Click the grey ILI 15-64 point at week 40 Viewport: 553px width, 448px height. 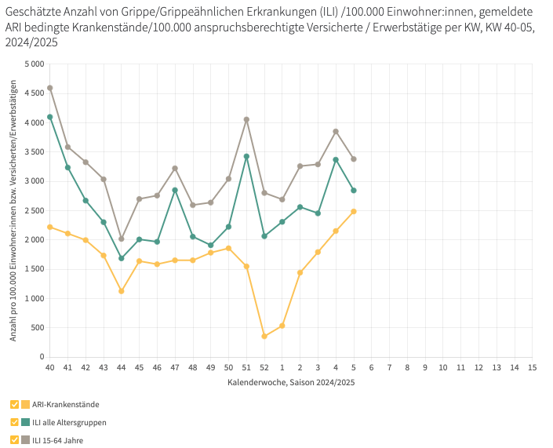coord(50,88)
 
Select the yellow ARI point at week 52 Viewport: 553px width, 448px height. coord(264,337)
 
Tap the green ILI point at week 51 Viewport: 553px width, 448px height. coord(246,156)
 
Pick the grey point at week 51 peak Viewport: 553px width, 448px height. coord(246,119)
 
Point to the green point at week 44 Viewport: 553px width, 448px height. coord(122,258)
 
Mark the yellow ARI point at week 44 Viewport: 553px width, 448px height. coord(122,291)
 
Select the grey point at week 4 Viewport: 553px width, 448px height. coord(336,131)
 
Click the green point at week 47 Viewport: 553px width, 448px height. coord(175,190)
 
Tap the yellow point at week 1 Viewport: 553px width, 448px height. coord(282,326)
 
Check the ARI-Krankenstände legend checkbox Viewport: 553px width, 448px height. coord(15,404)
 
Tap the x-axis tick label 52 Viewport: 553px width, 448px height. coord(264,366)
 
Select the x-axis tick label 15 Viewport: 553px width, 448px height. coord(532,366)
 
